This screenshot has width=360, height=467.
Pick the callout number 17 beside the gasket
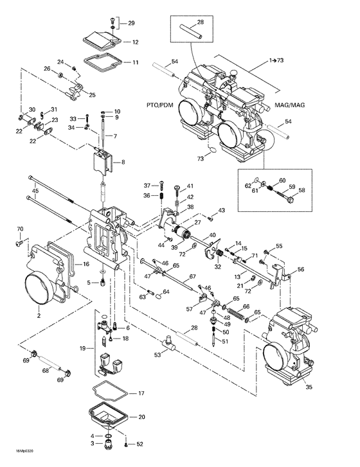[141, 393]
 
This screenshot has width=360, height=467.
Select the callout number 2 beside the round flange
[39, 315]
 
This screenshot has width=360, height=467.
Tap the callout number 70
[19, 229]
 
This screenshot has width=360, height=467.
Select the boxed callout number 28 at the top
[200, 22]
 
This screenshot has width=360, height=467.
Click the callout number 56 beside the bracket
[300, 270]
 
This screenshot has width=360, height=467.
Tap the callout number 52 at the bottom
[141, 445]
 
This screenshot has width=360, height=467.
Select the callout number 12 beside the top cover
[136, 42]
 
